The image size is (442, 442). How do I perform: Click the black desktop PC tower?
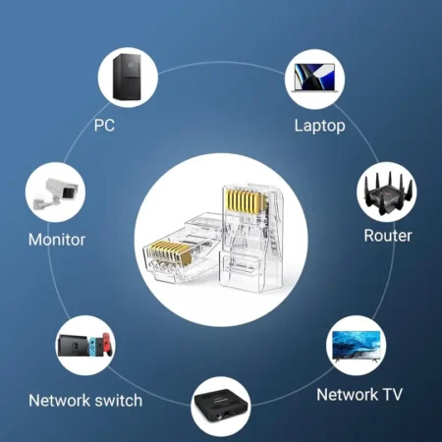[x=127, y=77]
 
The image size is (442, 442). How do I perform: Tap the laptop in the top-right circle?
[x=314, y=78]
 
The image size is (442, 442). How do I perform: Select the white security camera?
[x=56, y=193]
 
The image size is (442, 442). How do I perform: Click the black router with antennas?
[x=387, y=193]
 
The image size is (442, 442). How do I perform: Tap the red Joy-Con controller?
[x=108, y=344]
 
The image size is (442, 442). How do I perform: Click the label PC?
[x=104, y=125]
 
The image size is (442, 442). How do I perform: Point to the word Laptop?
[x=319, y=126]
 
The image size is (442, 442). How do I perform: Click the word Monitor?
[x=57, y=240]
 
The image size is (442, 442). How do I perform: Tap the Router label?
[x=388, y=236]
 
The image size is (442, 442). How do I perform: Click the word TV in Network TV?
[x=392, y=395]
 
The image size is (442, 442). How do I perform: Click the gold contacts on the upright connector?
[x=244, y=200]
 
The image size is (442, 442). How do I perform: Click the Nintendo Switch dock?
[x=73, y=346]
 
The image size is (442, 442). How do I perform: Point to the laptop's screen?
[x=314, y=77]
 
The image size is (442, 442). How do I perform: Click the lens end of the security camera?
[x=70, y=192]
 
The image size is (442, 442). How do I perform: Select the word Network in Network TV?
[x=347, y=395]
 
